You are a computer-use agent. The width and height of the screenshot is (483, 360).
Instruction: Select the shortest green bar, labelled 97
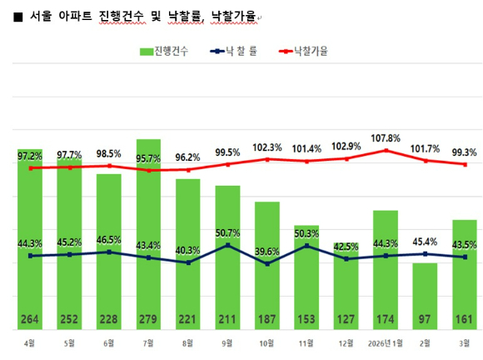(x=425, y=292)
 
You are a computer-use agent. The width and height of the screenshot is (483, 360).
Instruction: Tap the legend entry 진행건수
(x=164, y=51)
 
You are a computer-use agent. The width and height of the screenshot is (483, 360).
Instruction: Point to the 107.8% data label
(x=386, y=138)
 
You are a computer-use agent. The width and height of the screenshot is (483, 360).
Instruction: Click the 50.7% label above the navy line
(x=227, y=232)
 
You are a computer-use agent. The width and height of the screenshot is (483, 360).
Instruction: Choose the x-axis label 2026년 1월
(x=385, y=342)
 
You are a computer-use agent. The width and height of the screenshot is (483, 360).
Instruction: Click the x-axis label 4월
(x=30, y=342)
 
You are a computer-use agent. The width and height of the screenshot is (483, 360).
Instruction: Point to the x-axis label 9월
(x=227, y=342)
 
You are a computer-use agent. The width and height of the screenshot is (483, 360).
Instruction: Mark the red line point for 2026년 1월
(x=386, y=151)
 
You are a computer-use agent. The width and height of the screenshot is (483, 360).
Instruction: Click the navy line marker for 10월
(x=266, y=263)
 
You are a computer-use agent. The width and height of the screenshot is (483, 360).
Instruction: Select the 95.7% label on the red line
(x=148, y=158)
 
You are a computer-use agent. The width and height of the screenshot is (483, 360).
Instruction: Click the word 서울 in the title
(x=39, y=15)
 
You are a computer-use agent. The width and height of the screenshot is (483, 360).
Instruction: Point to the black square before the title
(x=18, y=16)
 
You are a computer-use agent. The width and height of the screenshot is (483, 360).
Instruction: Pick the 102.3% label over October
(x=266, y=147)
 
